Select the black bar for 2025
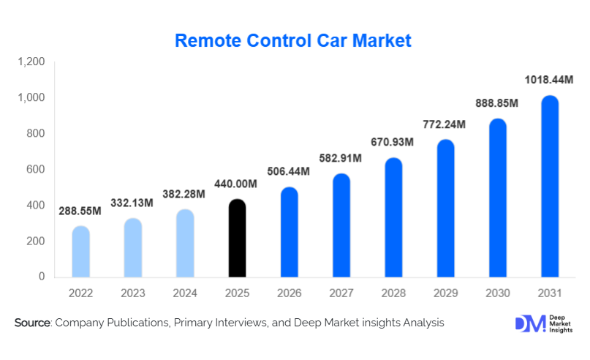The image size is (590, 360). pyautogui.click(x=238, y=239)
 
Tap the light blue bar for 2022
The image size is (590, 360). pyautogui.click(x=80, y=252)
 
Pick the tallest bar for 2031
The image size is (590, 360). pyautogui.click(x=550, y=187)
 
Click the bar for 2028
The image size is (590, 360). pyautogui.click(x=393, y=217)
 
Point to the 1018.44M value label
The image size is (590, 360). pyautogui.click(x=550, y=79)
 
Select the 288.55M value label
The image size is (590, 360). pyautogui.click(x=80, y=210)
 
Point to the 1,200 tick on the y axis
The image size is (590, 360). pyautogui.click(x=31, y=62)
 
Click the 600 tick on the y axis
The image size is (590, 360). pyautogui.click(x=37, y=170)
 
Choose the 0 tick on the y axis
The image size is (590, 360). pyautogui.click(x=42, y=277)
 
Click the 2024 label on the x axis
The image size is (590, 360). pyautogui.click(x=185, y=293)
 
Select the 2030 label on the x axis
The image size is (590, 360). pyautogui.click(x=497, y=293)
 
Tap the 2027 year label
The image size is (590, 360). pyautogui.click(x=341, y=293)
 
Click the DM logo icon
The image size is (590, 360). pyautogui.click(x=529, y=324)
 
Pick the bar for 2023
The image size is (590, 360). pyautogui.click(x=133, y=248)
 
